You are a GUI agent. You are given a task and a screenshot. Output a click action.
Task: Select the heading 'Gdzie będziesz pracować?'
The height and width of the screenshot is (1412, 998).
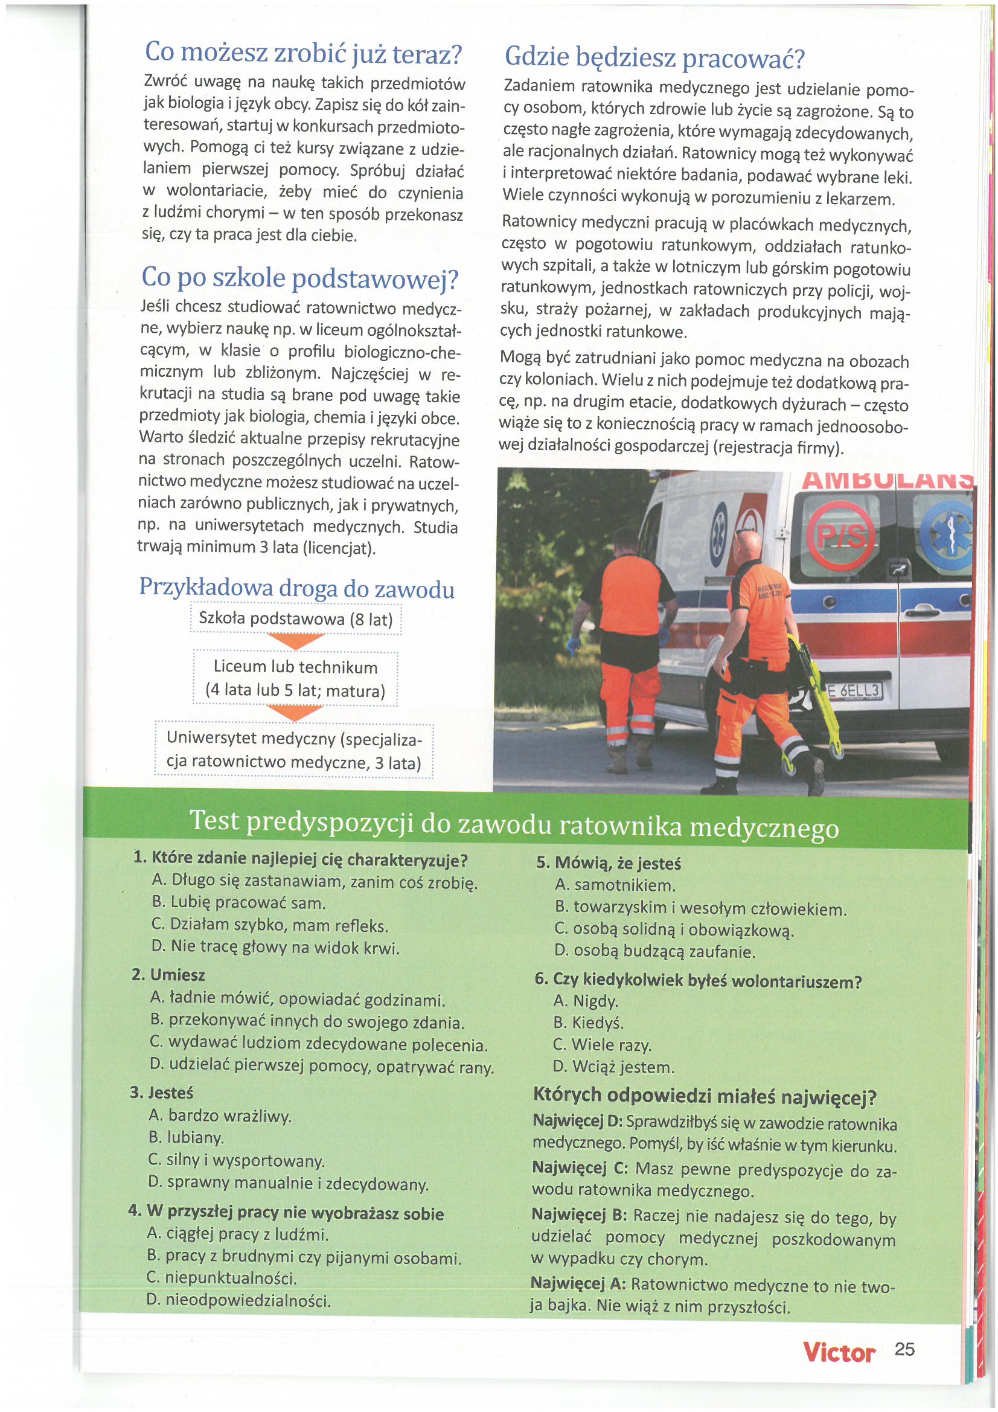click(x=654, y=58)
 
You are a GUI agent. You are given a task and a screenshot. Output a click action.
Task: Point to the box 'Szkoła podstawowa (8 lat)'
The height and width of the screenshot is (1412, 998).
click(x=296, y=618)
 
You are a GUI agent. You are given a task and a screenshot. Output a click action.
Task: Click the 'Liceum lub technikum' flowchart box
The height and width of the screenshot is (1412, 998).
click(x=296, y=678)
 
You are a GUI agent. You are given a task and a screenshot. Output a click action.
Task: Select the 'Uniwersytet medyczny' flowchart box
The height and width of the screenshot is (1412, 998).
click(x=295, y=749)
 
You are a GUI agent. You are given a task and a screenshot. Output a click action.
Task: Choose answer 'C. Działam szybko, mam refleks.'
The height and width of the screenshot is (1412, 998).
click(x=269, y=926)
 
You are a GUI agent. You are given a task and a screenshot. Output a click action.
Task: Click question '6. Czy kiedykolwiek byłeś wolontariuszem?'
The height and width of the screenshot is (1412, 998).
click(x=698, y=980)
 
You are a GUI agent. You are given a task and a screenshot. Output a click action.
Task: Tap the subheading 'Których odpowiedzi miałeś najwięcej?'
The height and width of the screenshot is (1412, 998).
click(x=705, y=1097)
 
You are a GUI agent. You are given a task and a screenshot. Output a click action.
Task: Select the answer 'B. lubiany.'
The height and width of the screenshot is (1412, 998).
click(x=187, y=1138)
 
